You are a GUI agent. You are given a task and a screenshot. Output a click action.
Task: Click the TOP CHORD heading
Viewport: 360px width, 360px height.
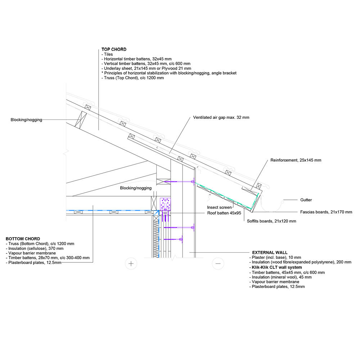114,49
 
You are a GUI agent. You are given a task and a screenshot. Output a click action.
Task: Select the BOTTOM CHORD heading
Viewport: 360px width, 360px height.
23,239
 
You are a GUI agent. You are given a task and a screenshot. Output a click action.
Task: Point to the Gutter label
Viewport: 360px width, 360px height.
306,200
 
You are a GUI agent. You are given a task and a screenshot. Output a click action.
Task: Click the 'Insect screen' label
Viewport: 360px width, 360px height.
219,207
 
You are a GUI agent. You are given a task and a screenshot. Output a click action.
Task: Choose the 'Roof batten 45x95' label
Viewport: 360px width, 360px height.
224,213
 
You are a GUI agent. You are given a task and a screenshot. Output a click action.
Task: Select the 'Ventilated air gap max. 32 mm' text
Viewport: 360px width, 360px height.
221,117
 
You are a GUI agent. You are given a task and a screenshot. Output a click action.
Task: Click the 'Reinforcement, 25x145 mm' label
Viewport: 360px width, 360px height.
296,160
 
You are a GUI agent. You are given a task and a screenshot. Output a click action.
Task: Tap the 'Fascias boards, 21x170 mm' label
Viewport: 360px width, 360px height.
326,212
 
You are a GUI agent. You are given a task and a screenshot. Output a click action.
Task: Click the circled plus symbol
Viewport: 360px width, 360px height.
131,264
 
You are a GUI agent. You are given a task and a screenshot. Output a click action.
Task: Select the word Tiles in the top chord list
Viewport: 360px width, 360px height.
108,54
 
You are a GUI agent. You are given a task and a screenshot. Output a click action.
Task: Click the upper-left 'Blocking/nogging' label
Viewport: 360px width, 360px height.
26,120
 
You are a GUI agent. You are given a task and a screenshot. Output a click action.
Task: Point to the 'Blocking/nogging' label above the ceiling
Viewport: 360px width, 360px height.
136,188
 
